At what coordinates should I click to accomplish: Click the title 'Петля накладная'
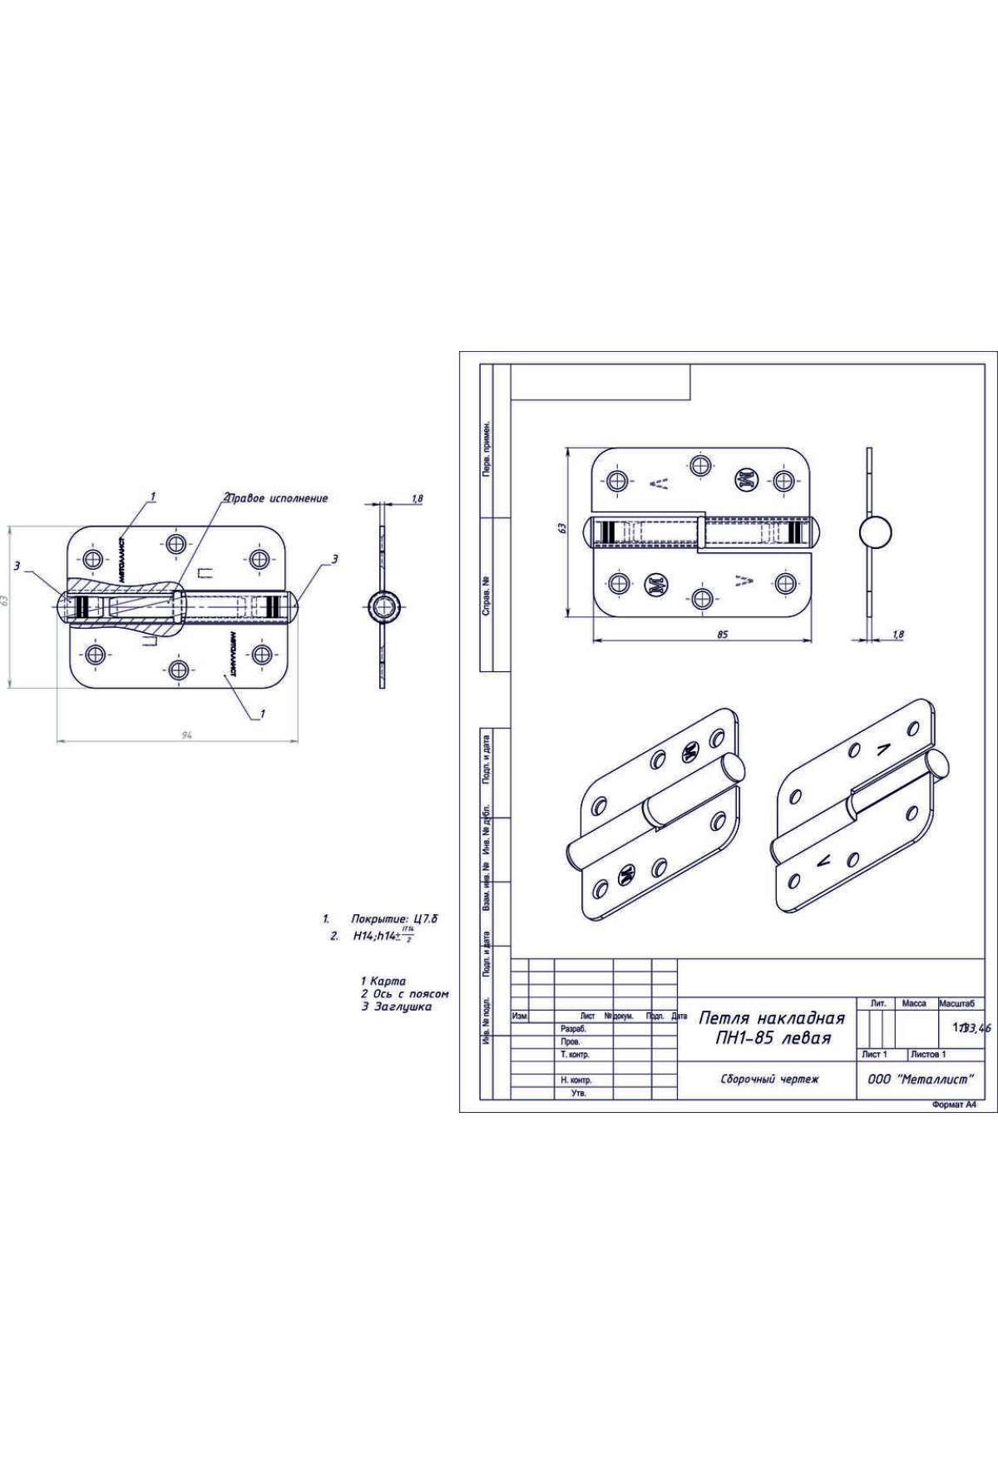click(x=772, y=1018)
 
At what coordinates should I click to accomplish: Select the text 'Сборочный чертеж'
click(x=769, y=1080)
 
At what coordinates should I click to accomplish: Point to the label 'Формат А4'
click(x=954, y=1106)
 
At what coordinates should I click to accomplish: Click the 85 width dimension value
click(x=722, y=634)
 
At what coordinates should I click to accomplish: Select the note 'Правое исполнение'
click(x=279, y=498)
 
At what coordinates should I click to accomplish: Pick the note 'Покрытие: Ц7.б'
click(x=394, y=919)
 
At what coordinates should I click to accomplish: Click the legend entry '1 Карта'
click(x=383, y=982)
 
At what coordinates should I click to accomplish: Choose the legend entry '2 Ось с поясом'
click(x=405, y=994)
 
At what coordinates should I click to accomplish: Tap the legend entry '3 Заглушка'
click(x=396, y=1006)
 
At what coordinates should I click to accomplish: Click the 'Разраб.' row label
click(x=574, y=1029)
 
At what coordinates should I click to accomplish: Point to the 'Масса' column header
click(x=914, y=1004)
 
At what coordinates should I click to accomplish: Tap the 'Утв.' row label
click(x=579, y=1093)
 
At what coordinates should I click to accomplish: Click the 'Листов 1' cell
click(x=928, y=1054)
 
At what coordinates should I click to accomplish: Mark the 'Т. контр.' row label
click(x=576, y=1055)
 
